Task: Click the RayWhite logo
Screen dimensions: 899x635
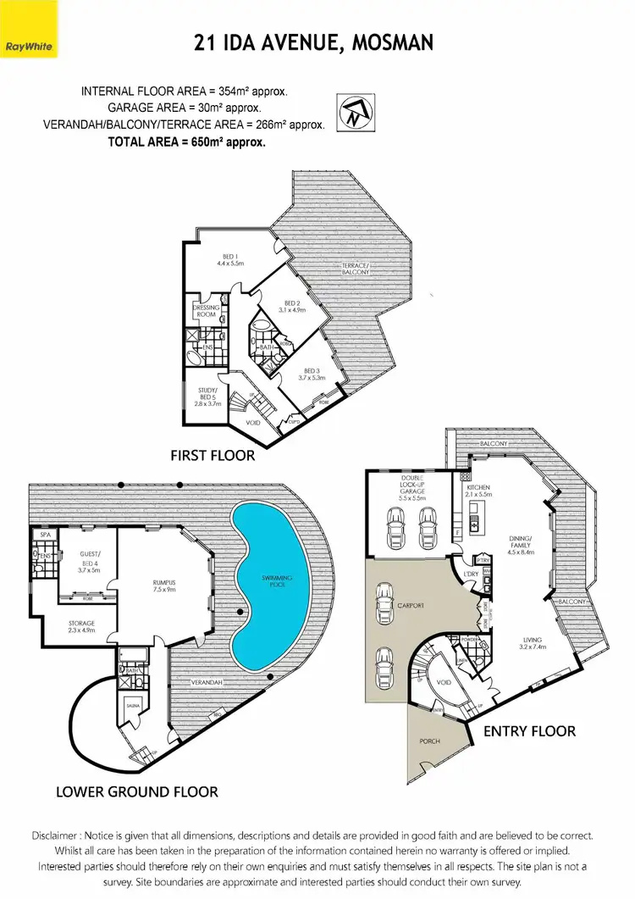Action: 29,44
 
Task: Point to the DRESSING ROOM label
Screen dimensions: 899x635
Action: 207,311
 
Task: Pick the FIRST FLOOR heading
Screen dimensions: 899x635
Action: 212,456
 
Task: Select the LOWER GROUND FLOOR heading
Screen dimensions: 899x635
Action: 136,792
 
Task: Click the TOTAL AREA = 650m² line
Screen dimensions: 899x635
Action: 186,142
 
